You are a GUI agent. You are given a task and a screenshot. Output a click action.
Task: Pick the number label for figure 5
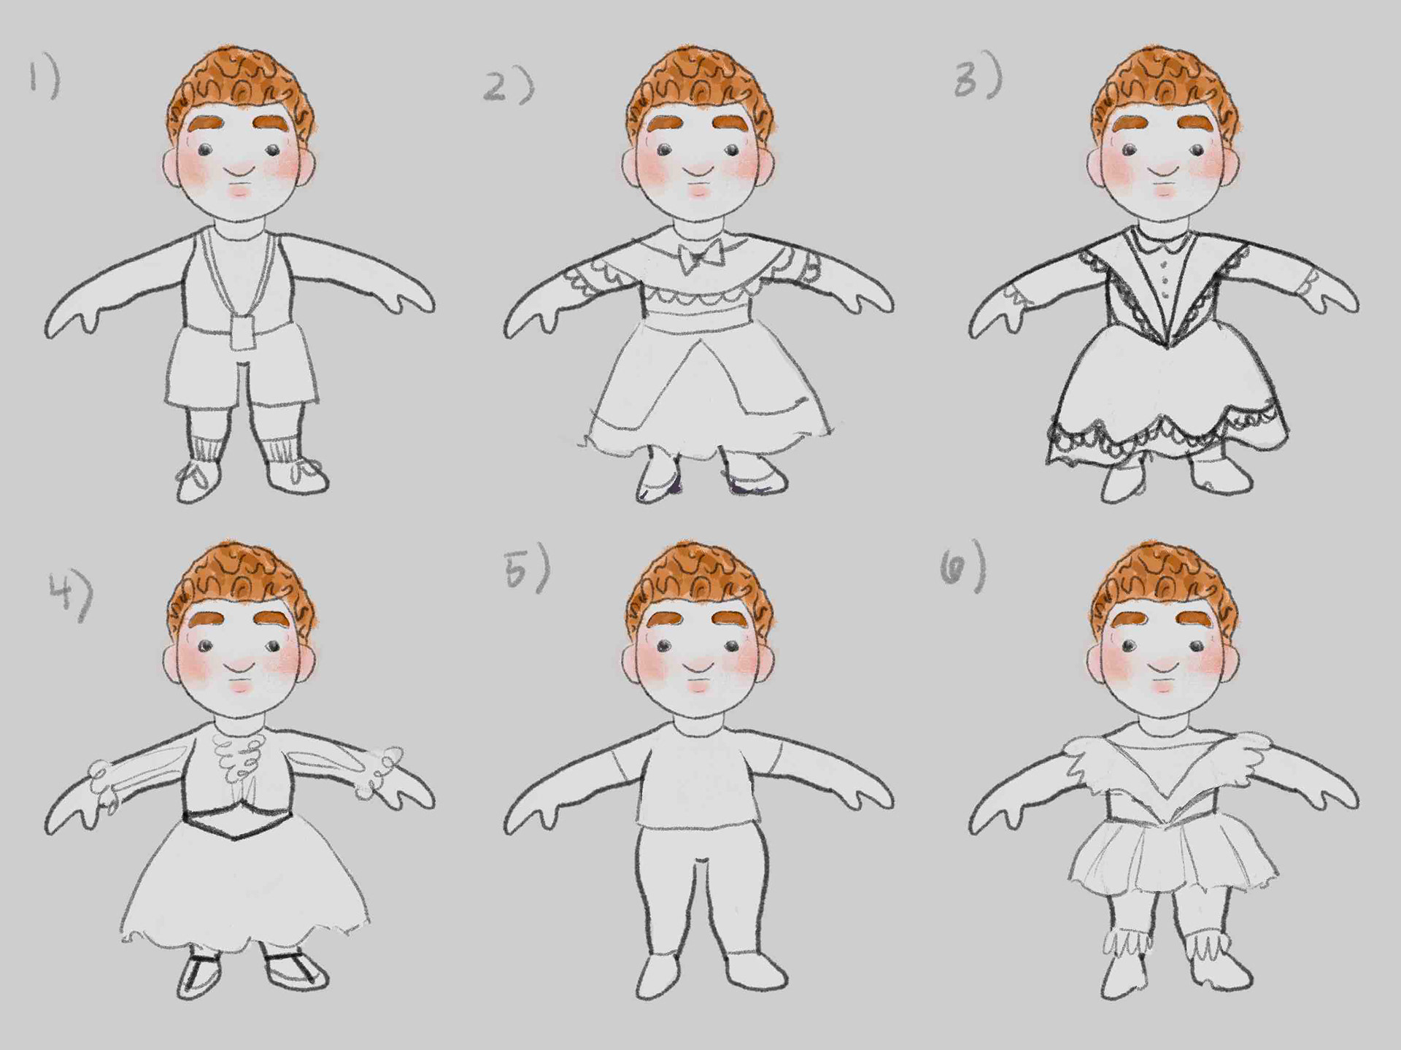click(x=526, y=567)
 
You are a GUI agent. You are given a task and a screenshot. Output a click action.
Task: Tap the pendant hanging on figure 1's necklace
click(x=239, y=332)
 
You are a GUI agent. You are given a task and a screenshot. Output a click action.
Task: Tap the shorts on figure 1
click(x=240, y=368)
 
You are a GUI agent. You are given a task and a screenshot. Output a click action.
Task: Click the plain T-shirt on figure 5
click(x=698, y=776)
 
